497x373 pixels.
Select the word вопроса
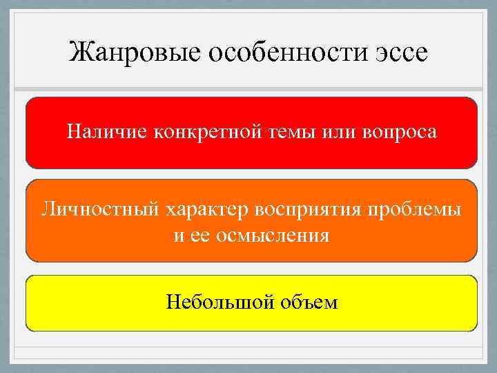pos(399,131)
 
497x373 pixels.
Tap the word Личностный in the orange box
pos(99,209)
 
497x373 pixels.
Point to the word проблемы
pos(419,209)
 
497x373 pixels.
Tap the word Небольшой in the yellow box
pos(220,302)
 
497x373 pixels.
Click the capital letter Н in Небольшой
pos(173,302)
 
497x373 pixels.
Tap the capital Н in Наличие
pos(73,131)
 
